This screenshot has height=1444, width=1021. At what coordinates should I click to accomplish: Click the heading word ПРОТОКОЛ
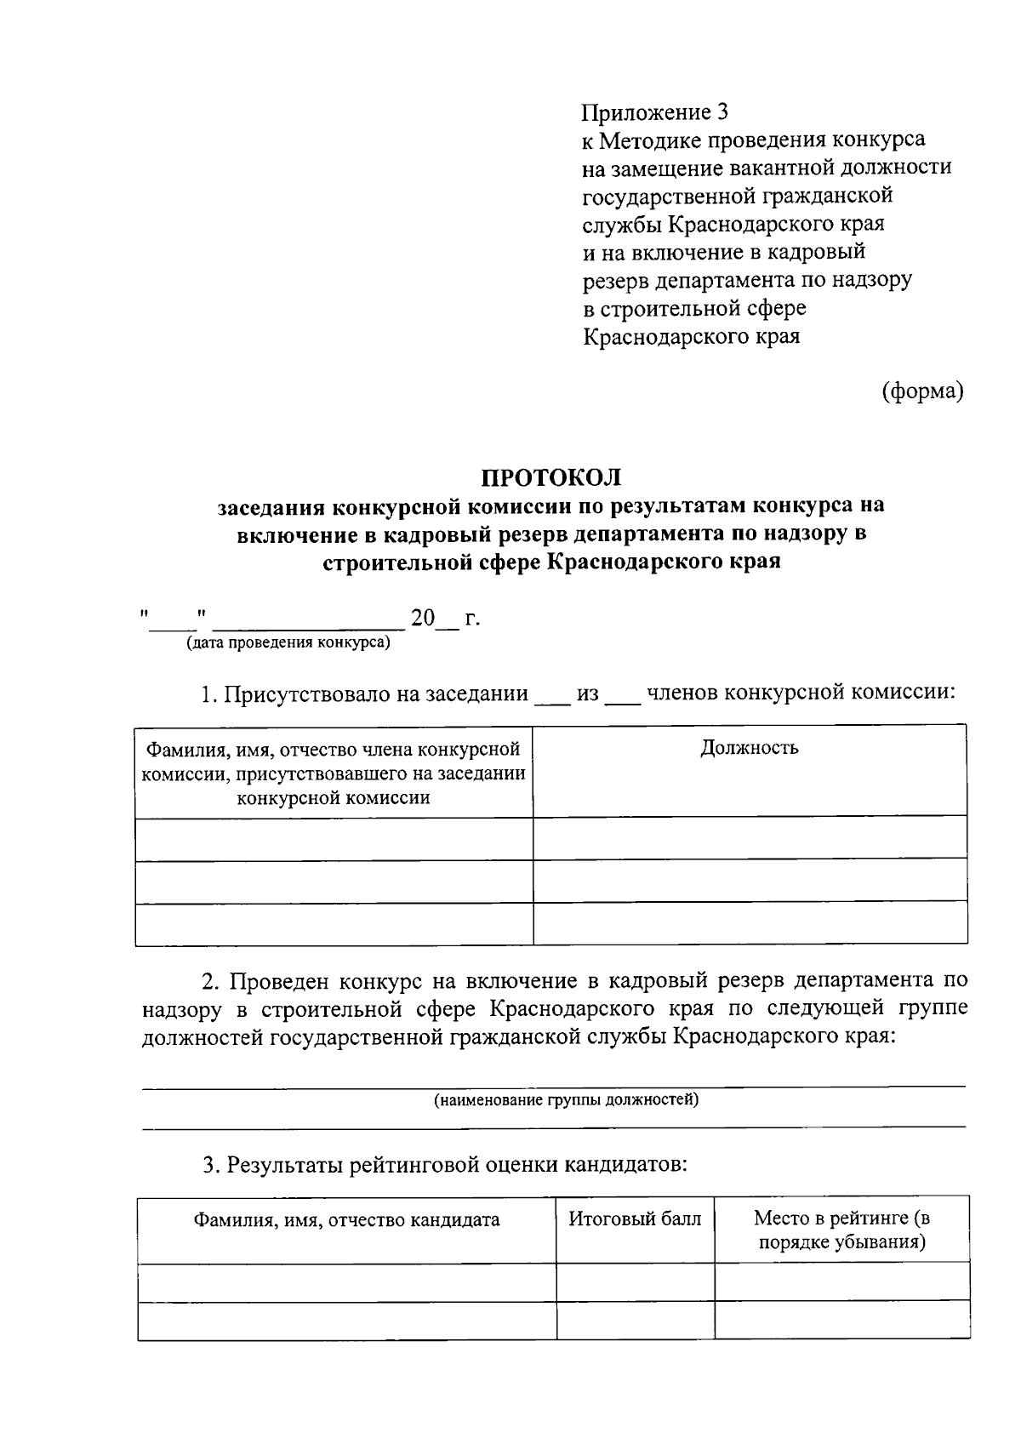[551, 477]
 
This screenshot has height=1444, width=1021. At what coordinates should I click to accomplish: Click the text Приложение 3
[655, 112]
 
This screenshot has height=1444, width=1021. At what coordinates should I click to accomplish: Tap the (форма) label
[922, 391]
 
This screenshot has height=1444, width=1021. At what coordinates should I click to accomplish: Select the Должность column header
[749, 748]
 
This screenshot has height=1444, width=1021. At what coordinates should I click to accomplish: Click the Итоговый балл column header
[635, 1219]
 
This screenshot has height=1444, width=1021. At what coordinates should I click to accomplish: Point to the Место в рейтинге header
[841, 1230]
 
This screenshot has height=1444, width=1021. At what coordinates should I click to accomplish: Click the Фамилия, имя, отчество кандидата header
[346, 1220]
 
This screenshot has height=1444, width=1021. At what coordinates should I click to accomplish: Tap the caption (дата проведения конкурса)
[288, 642]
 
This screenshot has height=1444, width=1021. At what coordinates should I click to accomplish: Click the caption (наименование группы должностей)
[566, 1100]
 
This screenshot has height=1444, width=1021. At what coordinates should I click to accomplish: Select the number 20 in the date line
[423, 618]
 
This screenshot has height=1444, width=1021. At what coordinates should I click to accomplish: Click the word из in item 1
[588, 693]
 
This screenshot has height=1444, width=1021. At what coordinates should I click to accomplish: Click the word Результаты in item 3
[285, 1164]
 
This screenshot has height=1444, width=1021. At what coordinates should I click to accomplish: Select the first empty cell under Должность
[749, 837]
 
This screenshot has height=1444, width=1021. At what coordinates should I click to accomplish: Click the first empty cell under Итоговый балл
[635, 1281]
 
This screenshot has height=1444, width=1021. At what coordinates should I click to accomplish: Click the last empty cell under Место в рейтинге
[841, 1320]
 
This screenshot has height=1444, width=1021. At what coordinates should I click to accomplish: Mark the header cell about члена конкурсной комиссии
[334, 773]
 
